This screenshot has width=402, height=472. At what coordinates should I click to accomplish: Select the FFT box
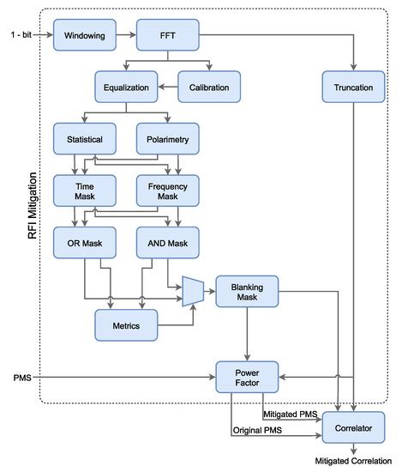[x=168, y=37]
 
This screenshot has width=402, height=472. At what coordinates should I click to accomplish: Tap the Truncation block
[x=352, y=87]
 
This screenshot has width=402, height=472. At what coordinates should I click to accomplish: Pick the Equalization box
[x=126, y=87]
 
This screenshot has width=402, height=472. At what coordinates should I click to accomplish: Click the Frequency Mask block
[x=168, y=190]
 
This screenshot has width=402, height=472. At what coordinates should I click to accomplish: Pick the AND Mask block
[x=168, y=243]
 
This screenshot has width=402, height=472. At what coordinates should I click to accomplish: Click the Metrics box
[x=126, y=325]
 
